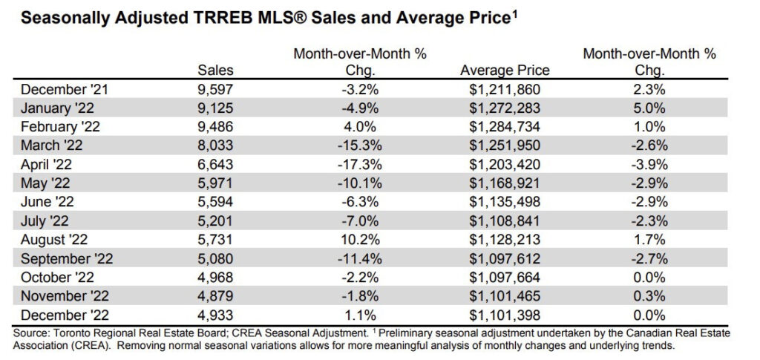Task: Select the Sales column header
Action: (x=215, y=71)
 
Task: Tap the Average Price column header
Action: (x=505, y=71)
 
